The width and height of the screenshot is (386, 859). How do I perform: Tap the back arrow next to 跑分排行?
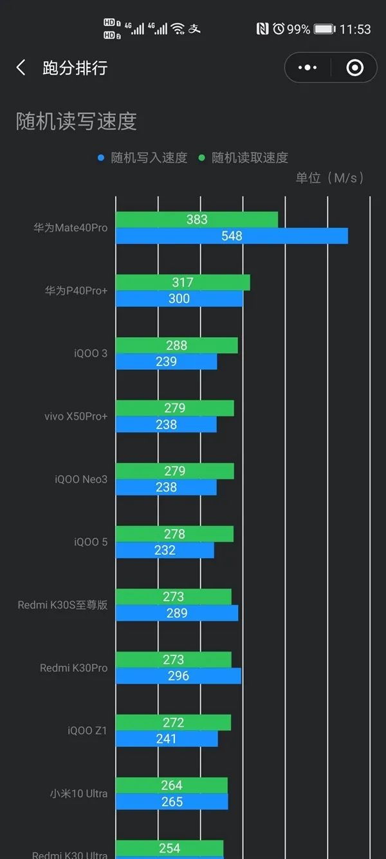(21, 68)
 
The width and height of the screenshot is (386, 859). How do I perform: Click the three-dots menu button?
(308, 68)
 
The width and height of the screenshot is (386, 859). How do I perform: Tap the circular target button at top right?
(354, 68)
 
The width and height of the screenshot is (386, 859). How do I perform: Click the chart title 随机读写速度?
(77, 121)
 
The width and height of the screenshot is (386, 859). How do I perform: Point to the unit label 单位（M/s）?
(329, 178)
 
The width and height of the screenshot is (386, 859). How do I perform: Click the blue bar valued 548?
(232, 236)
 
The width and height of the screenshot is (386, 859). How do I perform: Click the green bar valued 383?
(197, 220)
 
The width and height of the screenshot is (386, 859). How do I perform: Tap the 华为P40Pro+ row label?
(76, 291)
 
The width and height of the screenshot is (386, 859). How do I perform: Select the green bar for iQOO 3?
(176, 345)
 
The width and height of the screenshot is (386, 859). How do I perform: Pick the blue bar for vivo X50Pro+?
(166, 425)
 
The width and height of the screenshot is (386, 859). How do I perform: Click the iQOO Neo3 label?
(81, 479)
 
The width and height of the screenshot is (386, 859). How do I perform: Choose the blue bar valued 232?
(165, 550)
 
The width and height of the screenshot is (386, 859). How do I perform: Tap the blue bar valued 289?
(177, 613)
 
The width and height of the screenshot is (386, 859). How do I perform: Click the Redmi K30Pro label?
(73, 668)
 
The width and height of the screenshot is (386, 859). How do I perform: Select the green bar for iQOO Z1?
(173, 722)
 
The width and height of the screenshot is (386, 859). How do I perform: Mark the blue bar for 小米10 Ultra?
(172, 802)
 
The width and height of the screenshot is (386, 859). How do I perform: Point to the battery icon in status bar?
(324, 29)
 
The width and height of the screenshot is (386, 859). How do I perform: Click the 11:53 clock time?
(355, 29)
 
